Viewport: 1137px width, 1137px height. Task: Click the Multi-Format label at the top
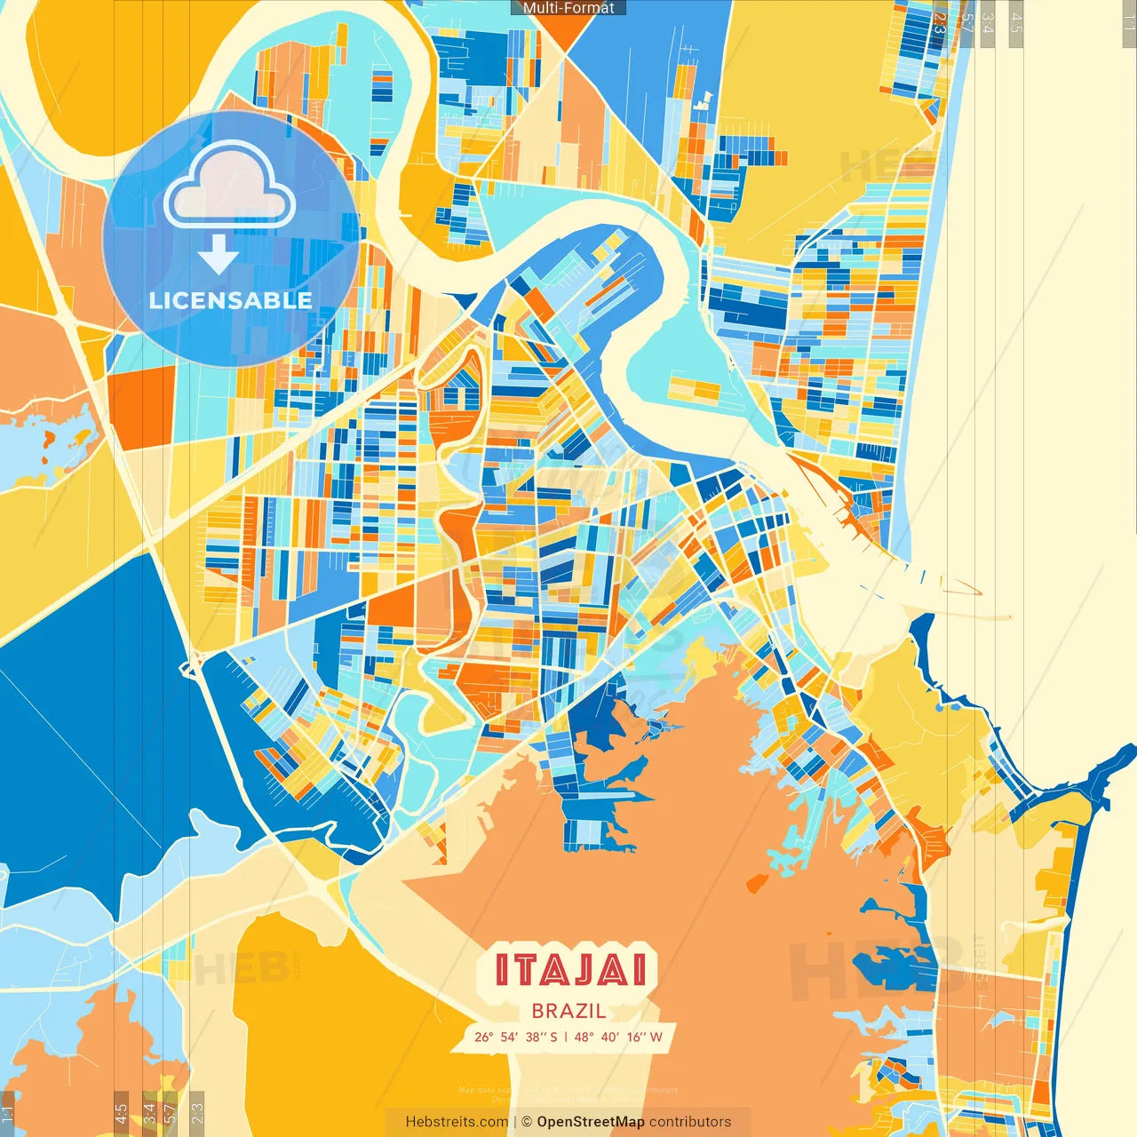(x=568, y=8)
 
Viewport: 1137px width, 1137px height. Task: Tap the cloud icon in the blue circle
(x=229, y=185)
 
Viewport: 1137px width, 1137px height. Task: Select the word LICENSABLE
(x=231, y=300)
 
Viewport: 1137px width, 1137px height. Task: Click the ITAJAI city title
(x=570, y=969)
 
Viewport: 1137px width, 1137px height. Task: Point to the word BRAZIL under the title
(x=569, y=1011)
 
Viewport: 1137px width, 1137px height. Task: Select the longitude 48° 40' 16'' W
(x=619, y=1037)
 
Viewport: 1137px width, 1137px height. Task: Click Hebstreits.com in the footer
(x=457, y=1122)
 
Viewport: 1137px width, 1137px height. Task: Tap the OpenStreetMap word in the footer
(x=591, y=1122)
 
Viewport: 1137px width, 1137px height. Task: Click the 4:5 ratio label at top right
(x=1016, y=23)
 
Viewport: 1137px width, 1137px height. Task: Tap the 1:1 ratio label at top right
(x=1129, y=23)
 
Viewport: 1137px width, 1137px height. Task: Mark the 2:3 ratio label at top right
(x=941, y=23)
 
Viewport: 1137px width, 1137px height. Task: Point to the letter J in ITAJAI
(x=569, y=969)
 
